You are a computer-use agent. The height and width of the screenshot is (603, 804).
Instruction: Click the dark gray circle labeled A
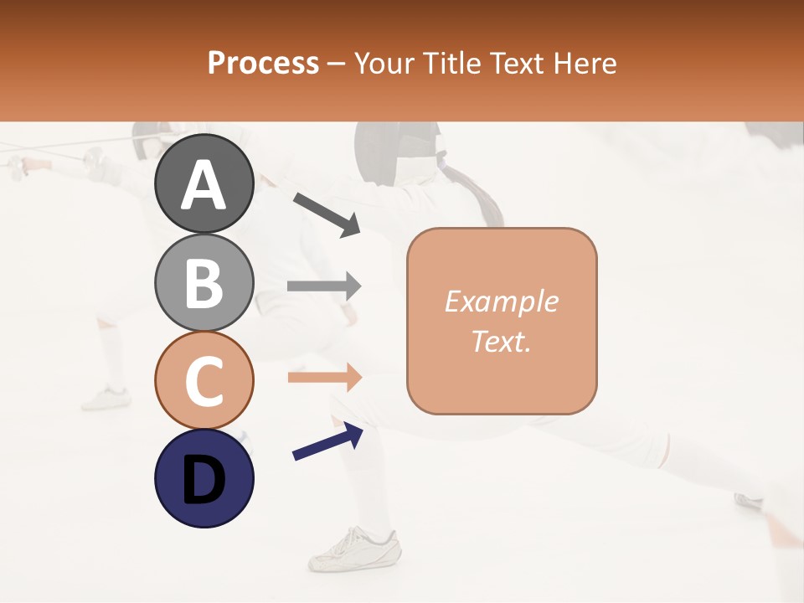[204, 183]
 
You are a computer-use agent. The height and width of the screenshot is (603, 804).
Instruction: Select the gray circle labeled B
[204, 282]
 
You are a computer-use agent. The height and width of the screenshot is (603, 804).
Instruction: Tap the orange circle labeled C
[204, 380]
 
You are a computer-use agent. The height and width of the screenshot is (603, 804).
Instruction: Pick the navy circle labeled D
[204, 478]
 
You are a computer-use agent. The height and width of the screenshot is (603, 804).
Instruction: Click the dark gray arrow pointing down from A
[326, 214]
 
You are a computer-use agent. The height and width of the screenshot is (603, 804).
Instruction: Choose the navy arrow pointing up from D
[327, 441]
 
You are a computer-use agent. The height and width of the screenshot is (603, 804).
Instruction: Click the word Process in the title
[263, 63]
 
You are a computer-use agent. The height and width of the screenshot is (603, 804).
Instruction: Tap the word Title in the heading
[446, 63]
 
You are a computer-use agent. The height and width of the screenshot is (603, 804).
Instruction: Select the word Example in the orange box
[501, 301]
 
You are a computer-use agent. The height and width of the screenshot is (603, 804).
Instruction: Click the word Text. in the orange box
[501, 342]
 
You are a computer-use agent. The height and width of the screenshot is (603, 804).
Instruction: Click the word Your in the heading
[384, 63]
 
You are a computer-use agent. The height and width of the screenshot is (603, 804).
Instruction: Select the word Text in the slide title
[514, 63]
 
